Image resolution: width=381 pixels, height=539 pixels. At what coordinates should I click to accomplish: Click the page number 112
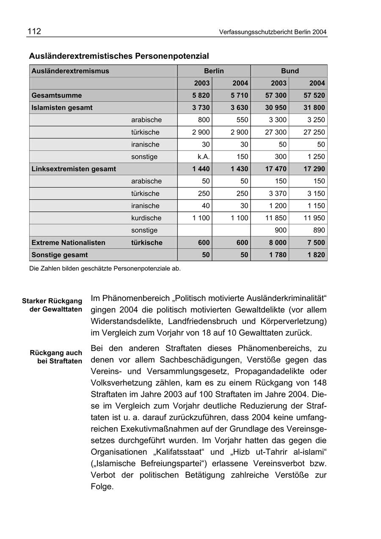click(x=34, y=31)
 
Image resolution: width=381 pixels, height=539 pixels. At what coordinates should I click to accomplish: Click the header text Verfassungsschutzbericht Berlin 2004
click(x=273, y=32)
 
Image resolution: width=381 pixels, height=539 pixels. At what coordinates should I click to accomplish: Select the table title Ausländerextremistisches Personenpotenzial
click(x=119, y=56)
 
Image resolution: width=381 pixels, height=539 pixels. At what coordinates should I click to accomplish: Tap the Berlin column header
click(x=214, y=71)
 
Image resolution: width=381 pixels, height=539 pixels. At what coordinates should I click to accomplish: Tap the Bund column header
click(x=290, y=71)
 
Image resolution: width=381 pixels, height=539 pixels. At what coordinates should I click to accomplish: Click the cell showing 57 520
click(x=314, y=95)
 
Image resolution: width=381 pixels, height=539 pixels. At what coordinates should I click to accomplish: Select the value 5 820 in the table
click(x=201, y=95)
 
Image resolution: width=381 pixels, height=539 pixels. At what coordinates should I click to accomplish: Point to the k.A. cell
click(x=204, y=157)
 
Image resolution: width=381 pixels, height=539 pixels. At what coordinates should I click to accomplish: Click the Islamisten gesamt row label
click(x=62, y=108)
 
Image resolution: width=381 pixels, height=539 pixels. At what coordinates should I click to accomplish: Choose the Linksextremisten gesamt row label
click(x=74, y=169)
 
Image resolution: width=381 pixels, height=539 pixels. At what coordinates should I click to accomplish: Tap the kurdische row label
click(x=146, y=218)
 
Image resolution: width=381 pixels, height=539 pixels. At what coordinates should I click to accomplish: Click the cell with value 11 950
click(x=314, y=218)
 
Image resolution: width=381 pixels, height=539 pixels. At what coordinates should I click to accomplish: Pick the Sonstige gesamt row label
click(x=60, y=255)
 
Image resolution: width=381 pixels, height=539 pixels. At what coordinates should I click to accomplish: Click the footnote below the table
click(x=105, y=268)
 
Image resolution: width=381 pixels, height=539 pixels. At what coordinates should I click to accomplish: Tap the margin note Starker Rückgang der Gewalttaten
click(x=52, y=305)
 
